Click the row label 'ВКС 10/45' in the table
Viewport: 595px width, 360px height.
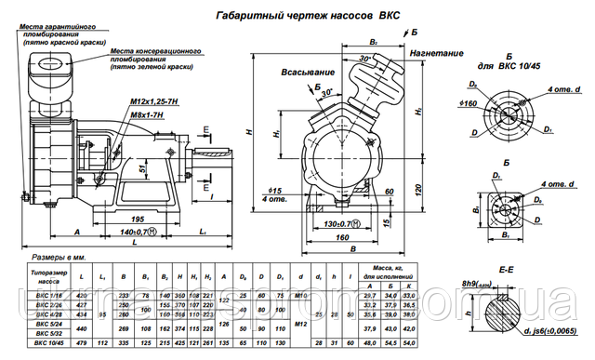49,342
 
